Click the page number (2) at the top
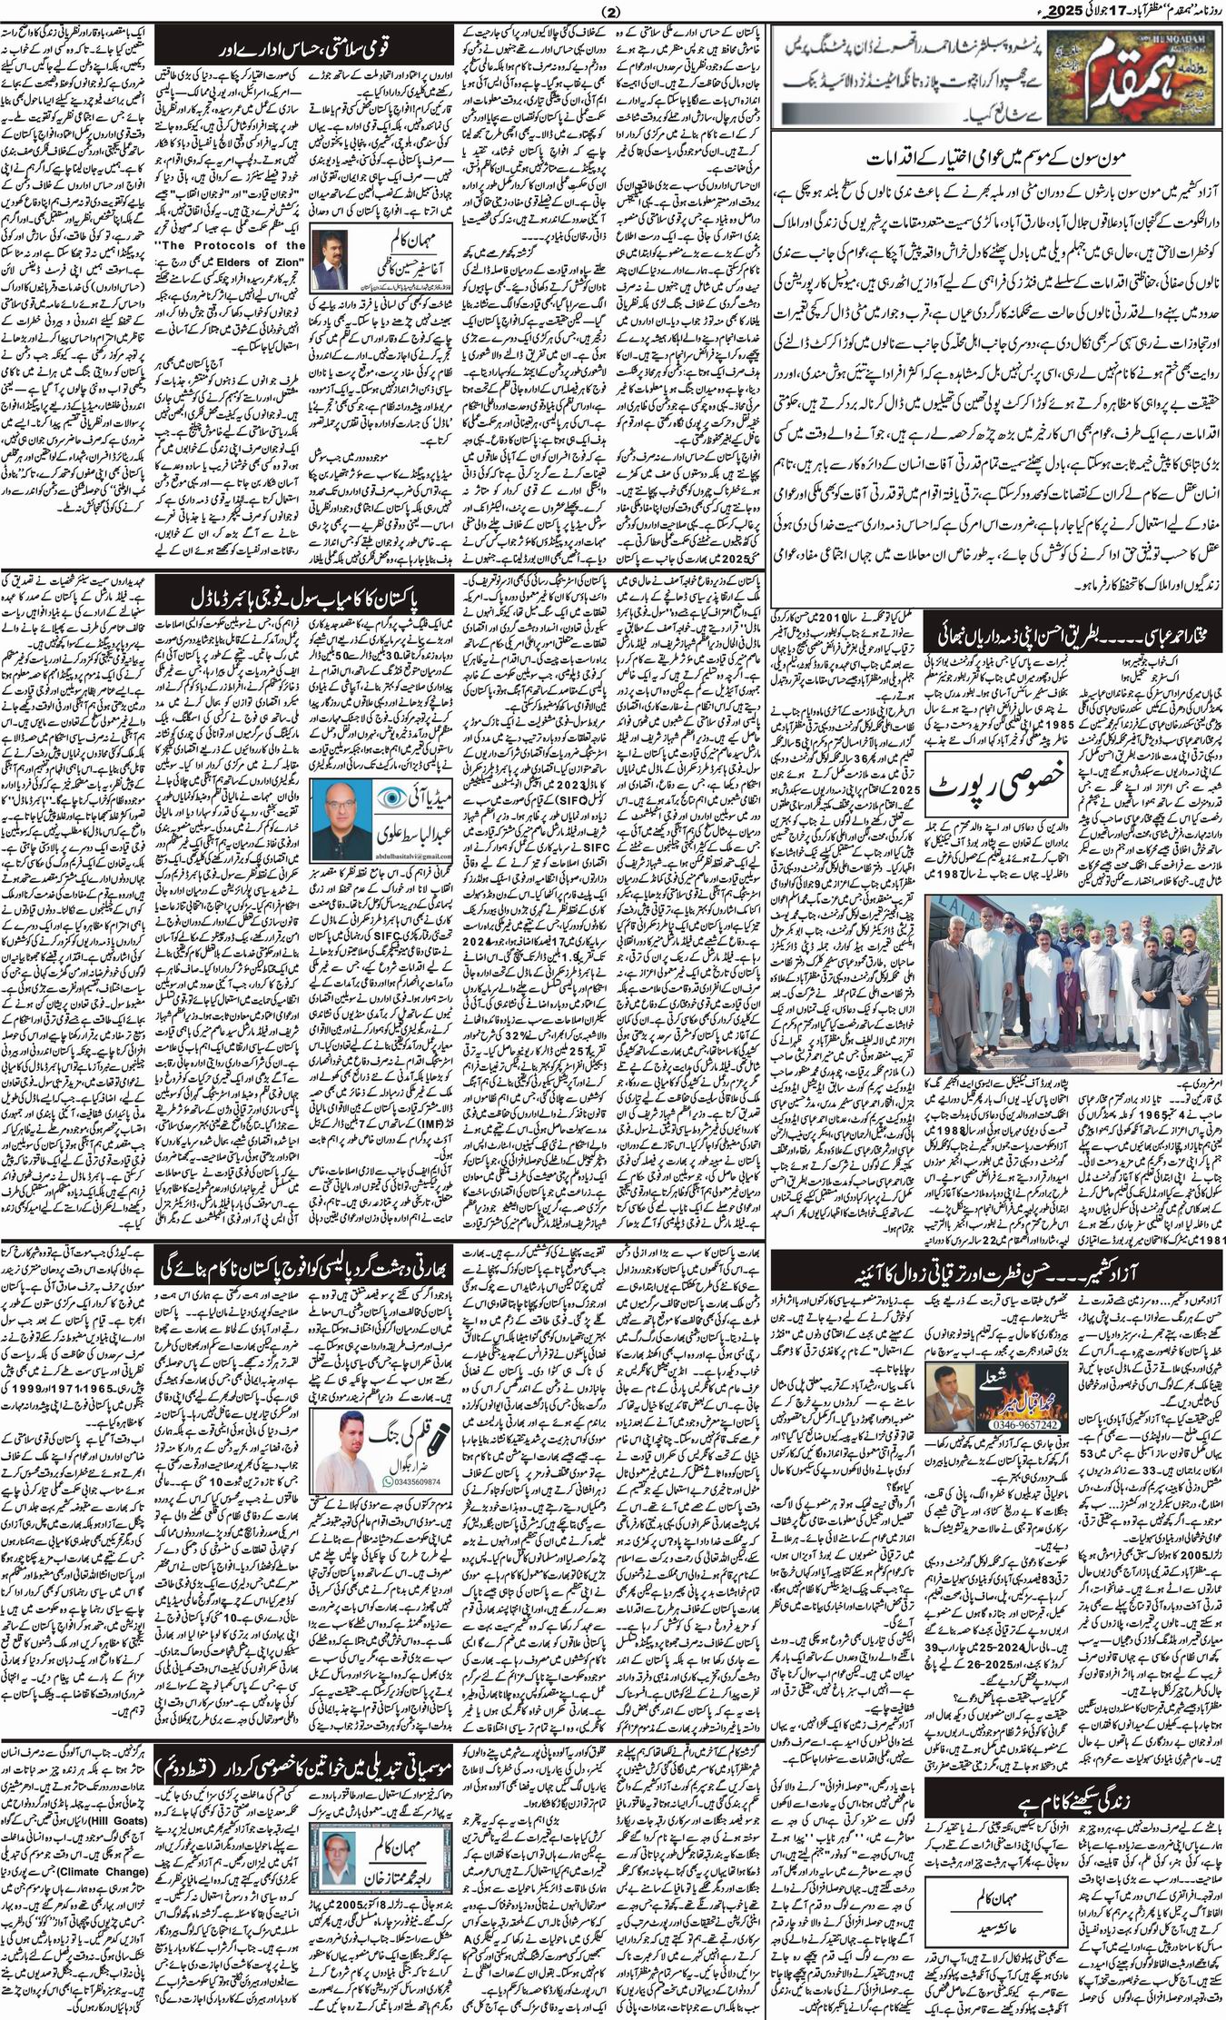click(613, 12)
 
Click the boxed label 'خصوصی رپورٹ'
click(996, 781)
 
